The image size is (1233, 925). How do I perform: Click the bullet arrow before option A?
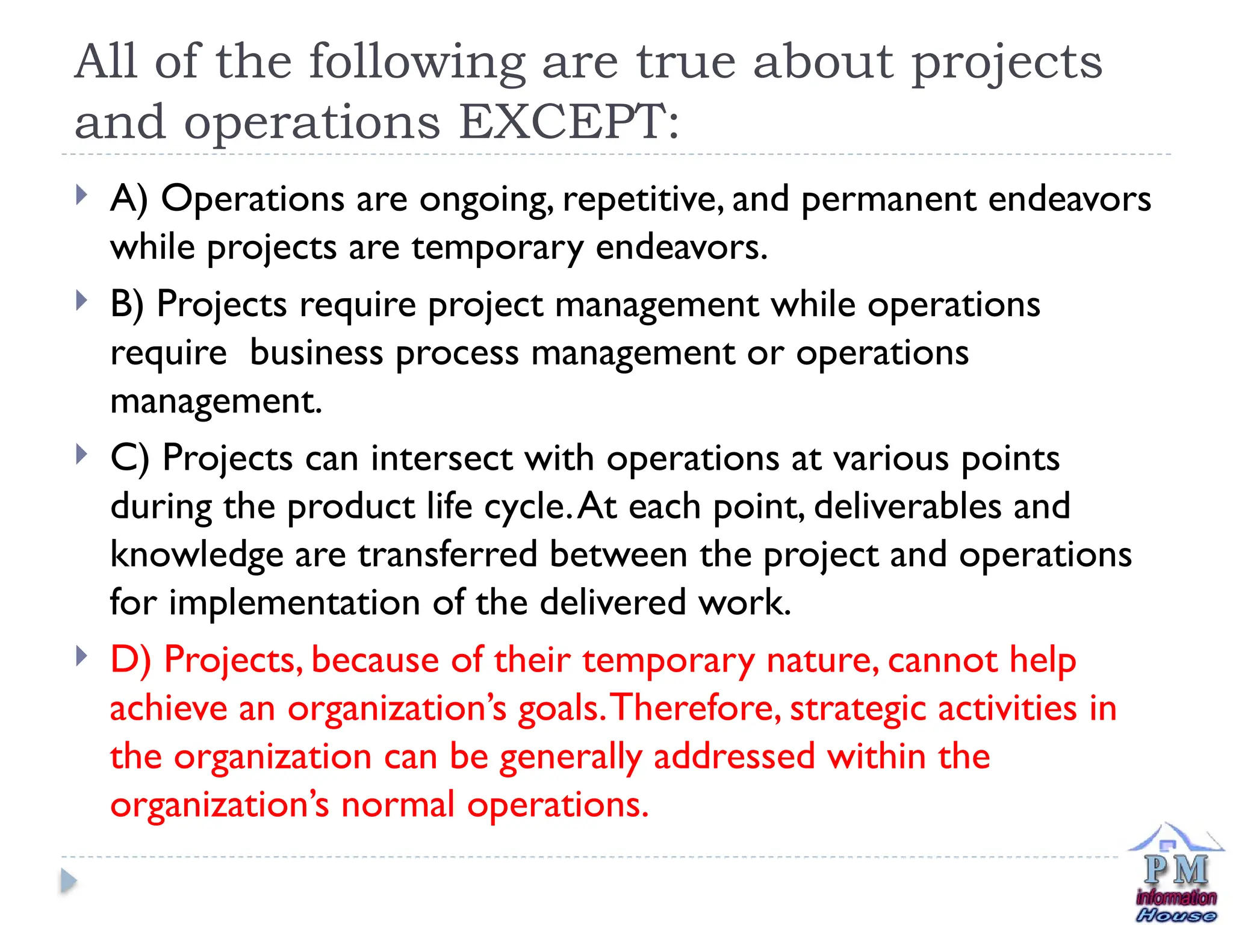(x=82, y=195)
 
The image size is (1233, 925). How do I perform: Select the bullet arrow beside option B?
(x=82, y=301)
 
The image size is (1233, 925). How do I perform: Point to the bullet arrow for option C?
(x=82, y=454)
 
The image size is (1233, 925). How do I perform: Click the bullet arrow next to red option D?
(x=82, y=655)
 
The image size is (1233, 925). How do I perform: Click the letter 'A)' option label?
(x=129, y=199)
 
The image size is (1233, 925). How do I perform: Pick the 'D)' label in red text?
(x=130, y=660)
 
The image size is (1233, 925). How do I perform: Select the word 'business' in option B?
(x=316, y=353)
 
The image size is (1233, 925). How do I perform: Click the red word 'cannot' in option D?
(x=942, y=660)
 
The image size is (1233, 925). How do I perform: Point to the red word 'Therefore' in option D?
(x=695, y=708)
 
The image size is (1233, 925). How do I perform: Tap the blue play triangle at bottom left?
(x=69, y=882)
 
